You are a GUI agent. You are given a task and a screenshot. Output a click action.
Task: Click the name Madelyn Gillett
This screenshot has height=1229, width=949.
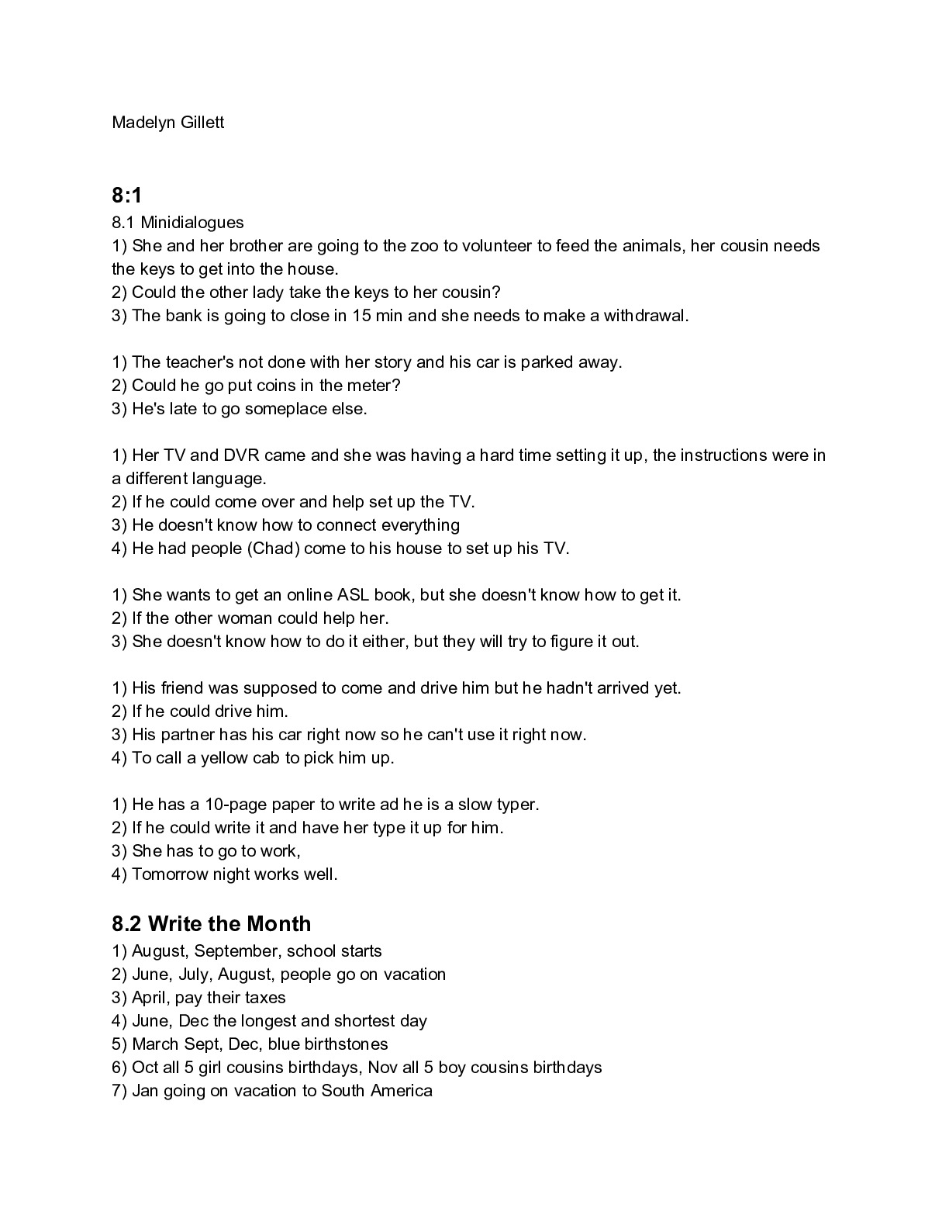click(x=168, y=123)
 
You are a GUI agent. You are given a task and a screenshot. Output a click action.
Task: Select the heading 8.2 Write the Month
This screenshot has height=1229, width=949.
click(x=212, y=924)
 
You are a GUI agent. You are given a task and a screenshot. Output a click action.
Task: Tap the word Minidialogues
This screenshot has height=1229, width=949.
click(x=192, y=223)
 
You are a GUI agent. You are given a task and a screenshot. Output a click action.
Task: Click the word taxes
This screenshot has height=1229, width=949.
click(x=264, y=998)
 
